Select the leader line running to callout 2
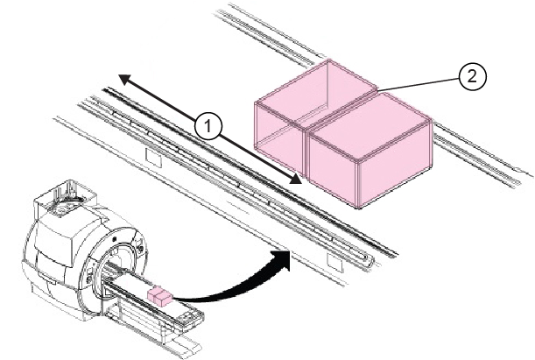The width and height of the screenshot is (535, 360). coord(420,84)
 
